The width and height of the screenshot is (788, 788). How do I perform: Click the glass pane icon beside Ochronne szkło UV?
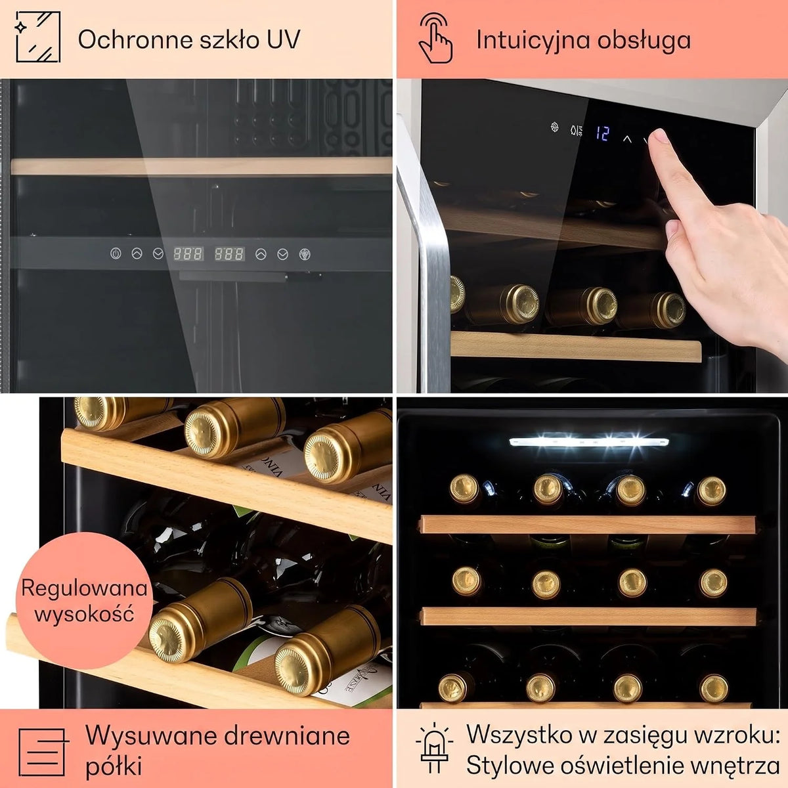tap(37, 37)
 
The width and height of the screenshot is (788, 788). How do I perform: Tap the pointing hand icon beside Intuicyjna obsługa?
tap(435, 38)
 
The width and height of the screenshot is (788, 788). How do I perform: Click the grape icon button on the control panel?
tap(305, 254)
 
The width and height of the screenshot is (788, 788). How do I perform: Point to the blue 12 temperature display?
tap(602, 133)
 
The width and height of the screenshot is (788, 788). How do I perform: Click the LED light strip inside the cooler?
tap(589, 442)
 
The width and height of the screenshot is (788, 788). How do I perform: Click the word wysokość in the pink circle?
tap(84, 614)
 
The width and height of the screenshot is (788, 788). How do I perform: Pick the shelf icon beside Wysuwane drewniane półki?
tap(43, 752)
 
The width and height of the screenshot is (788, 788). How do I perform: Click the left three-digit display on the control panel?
tap(188, 254)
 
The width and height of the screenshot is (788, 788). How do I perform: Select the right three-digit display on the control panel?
tap(229, 254)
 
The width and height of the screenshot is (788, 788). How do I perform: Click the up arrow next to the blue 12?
tap(627, 139)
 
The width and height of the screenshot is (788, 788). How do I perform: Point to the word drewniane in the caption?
tap(287, 735)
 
